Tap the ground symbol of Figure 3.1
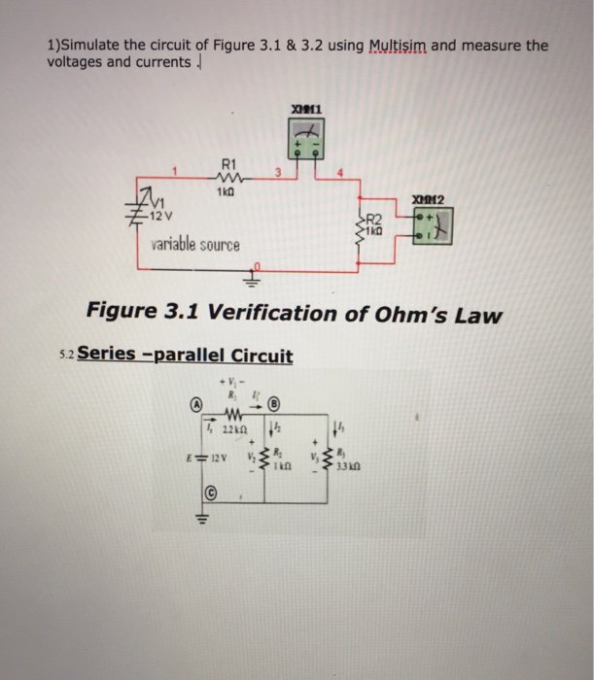(x=258, y=274)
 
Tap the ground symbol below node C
(x=205, y=518)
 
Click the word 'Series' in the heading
(x=107, y=356)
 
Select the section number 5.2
(x=64, y=357)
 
